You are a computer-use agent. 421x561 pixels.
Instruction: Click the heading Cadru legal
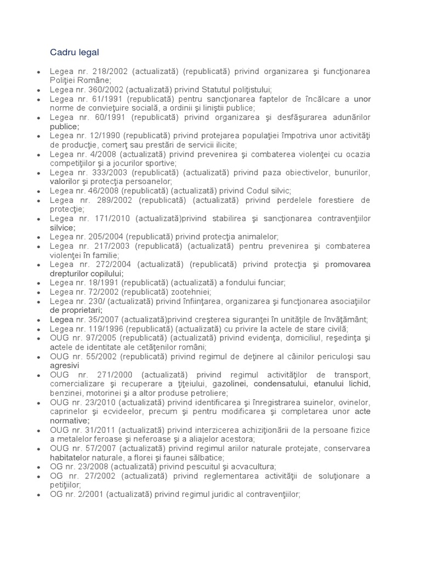click(x=74, y=52)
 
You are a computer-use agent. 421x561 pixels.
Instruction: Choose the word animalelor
click(x=258, y=237)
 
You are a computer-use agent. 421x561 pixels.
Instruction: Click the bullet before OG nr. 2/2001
click(x=38, y=494)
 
